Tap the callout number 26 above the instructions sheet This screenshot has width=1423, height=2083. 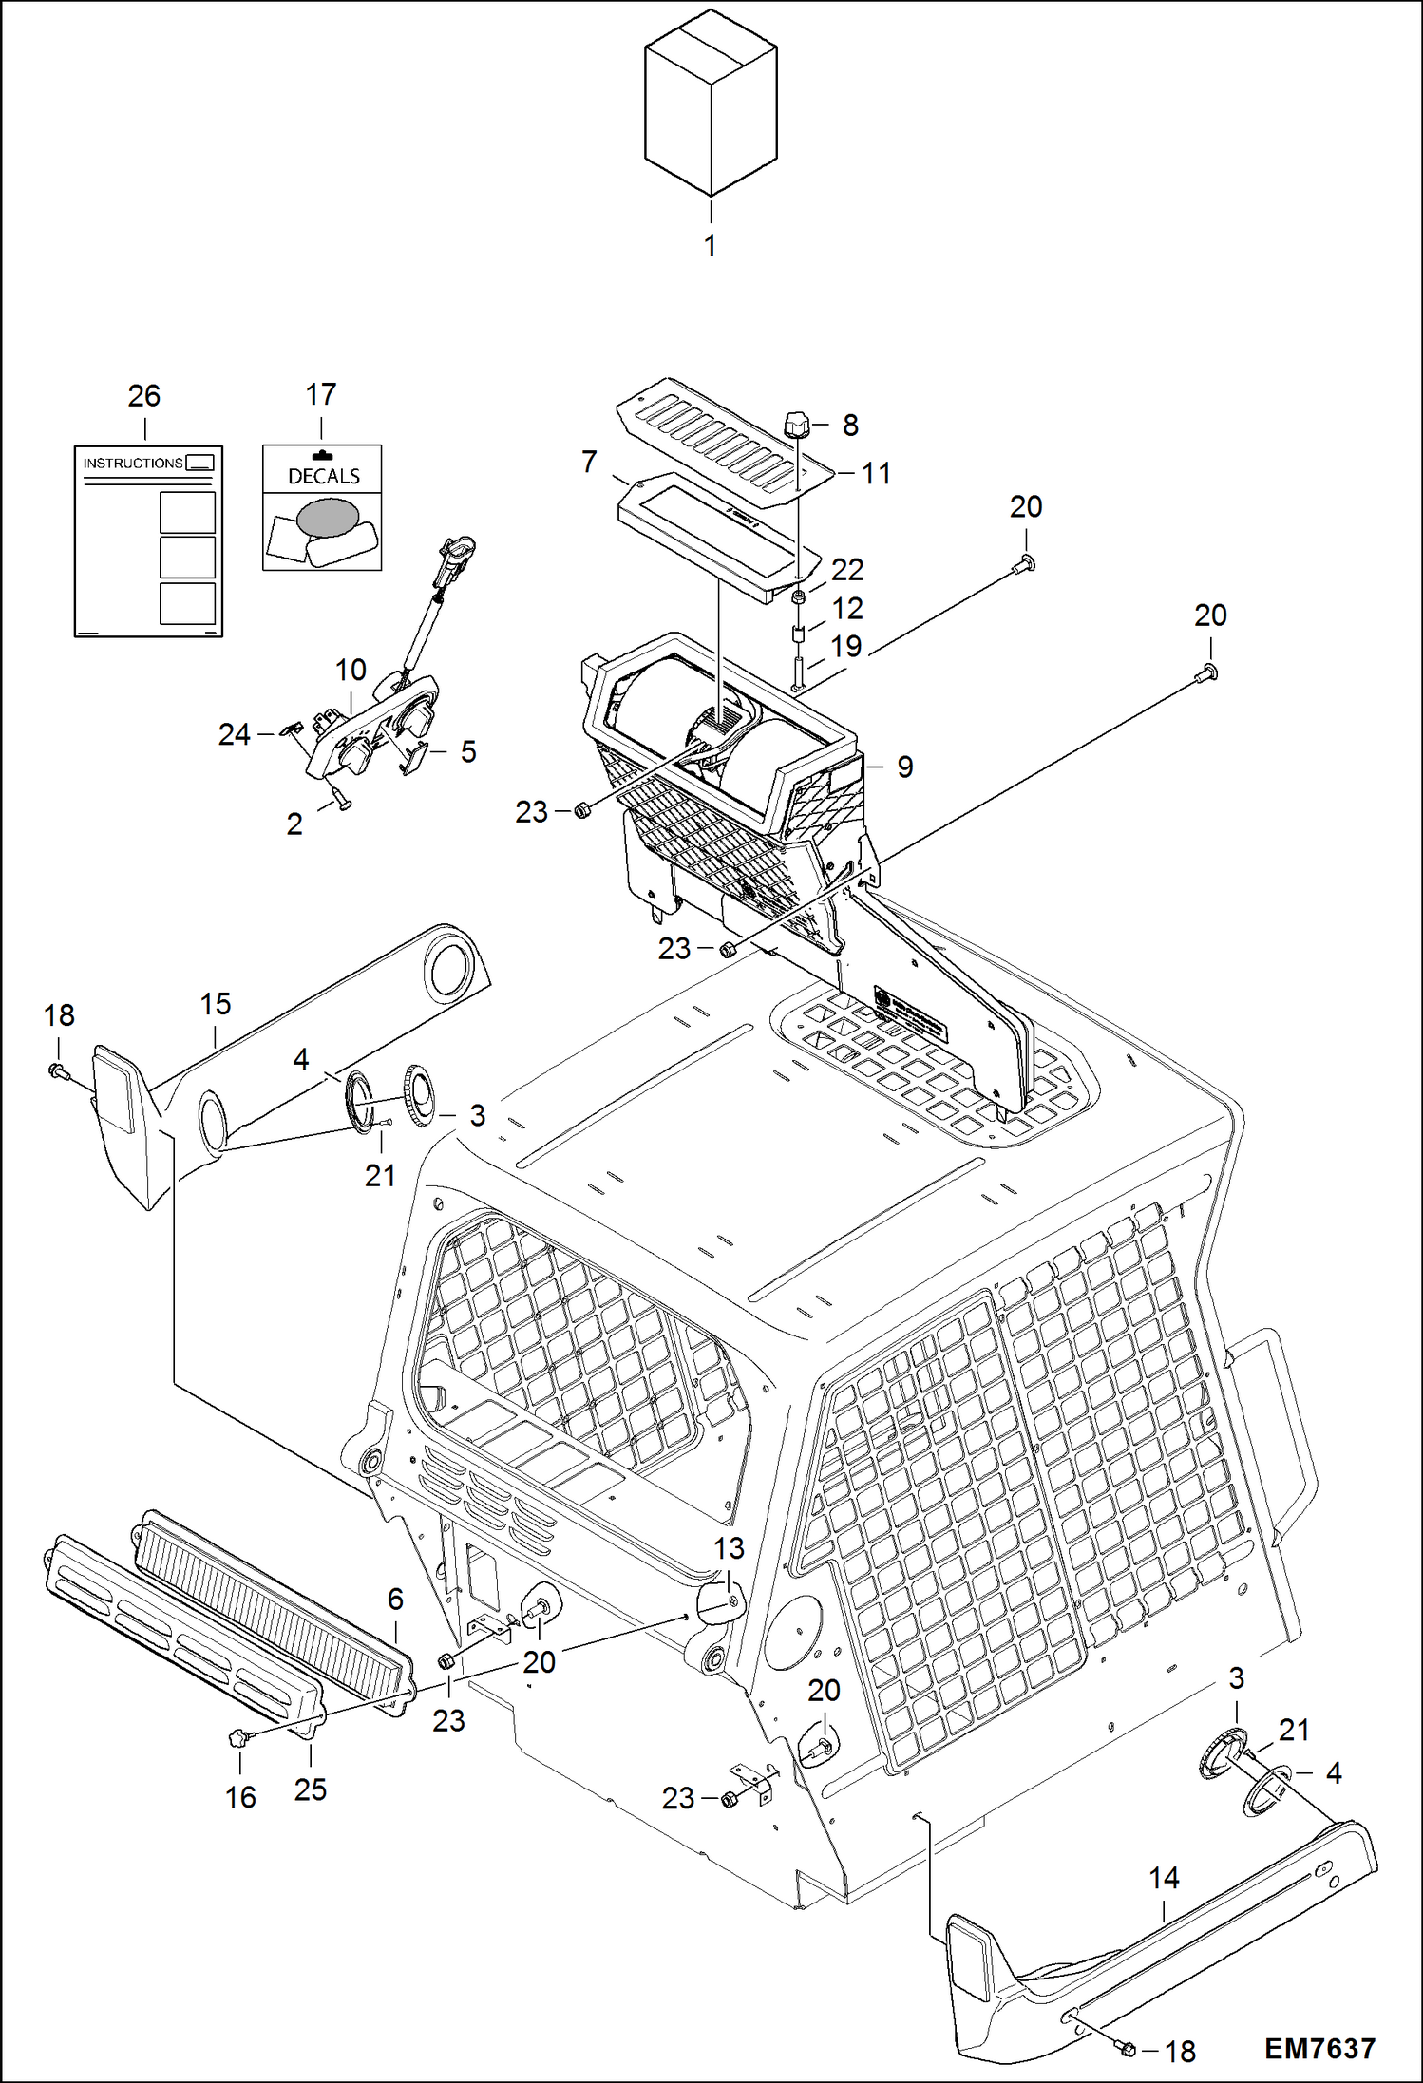(x=144, y=396)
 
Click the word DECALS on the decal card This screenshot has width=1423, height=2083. (x=324, y=476)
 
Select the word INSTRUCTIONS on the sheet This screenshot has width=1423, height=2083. (x=133, y=464)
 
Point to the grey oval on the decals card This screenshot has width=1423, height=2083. (x=328, y=518)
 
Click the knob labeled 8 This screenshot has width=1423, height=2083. (x=796, y=423)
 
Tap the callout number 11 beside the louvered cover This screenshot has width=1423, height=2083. (x=875, y=473)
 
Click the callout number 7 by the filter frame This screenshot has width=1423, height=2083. (x=589, y=462)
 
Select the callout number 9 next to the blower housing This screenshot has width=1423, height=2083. (x=904, y=767)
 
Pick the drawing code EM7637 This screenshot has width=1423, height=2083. (x=1319, y=2049)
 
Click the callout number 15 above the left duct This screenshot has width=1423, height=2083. (x=216, y=1004)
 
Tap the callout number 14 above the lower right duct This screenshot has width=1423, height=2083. (x=1164, y=1878)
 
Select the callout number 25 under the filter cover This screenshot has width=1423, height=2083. (x=311, y=1789)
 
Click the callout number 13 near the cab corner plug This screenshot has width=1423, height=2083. (x=729, y=1549)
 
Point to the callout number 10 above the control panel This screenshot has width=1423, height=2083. (x=351, y=670)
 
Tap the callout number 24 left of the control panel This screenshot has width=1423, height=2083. (x=234, y=734)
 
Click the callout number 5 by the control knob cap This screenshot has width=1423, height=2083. (x=467, y=751)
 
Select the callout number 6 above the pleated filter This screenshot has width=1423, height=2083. (x=395, y=1599)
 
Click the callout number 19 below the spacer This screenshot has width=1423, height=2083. (x=845, y=646)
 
